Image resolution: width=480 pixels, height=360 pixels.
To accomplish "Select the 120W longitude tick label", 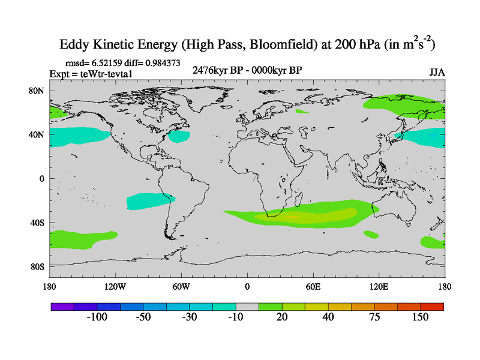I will (115, 286).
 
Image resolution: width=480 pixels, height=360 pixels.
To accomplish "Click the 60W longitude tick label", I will (181, 286).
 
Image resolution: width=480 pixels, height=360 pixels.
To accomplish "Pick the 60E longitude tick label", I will (313, 286).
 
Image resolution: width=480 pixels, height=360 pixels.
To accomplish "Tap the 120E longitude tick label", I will (379, 286).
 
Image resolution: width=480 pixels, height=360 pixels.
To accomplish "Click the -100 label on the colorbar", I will (97, 317).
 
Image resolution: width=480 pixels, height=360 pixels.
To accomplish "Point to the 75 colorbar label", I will (374, 317).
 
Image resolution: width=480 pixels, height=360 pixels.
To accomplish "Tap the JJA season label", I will (437, 72).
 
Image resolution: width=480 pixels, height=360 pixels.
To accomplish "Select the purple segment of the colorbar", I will (62, 307).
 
